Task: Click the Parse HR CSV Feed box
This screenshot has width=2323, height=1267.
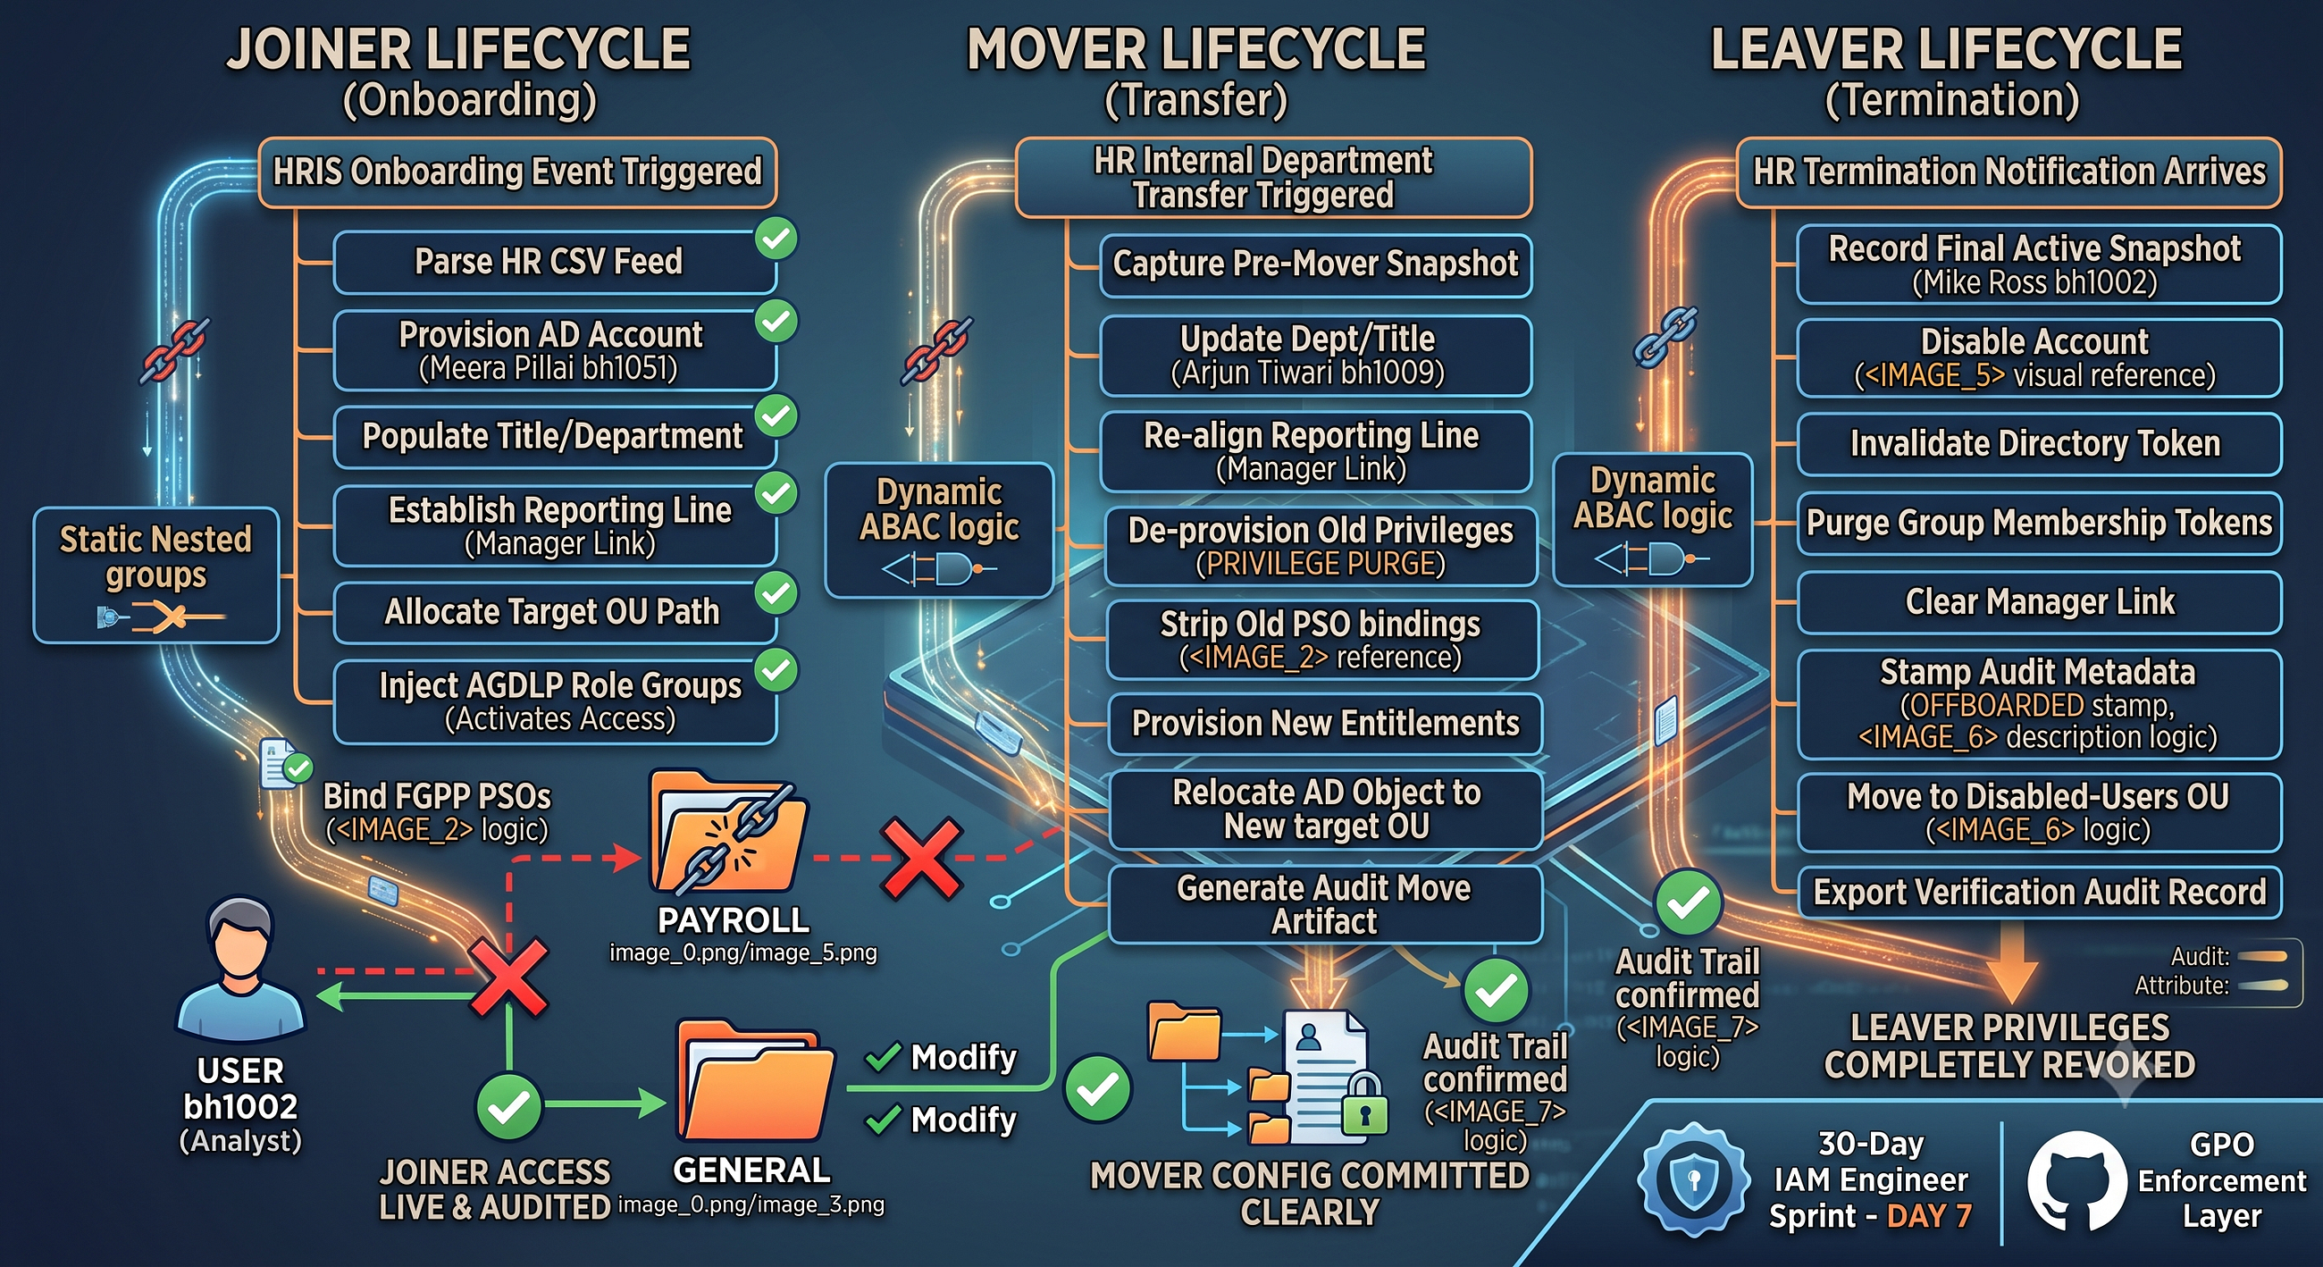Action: tap(554, 263)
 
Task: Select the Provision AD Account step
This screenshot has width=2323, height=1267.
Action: tap(554, 351)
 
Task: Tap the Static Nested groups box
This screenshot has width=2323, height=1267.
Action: tap(156, 575)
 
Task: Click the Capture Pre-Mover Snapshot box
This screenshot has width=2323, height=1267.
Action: tap(1316, 265)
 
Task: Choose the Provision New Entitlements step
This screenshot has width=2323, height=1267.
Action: tap(1325, 724)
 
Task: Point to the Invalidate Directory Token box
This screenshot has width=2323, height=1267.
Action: tap(2039, 444)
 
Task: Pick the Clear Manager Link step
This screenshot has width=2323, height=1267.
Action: tap(2039, 602)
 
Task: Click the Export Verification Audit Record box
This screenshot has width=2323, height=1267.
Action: tap(2039, 893)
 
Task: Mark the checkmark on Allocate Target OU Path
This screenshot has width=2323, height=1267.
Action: tap(776, 592)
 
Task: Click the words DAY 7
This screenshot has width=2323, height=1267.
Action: tap(1929, 1216)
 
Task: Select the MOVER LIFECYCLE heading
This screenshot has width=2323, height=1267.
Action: tap(1195, 50)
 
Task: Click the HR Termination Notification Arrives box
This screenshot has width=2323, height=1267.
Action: tap(2009, 172)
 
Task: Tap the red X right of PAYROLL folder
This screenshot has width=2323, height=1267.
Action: tap(922, 860)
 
